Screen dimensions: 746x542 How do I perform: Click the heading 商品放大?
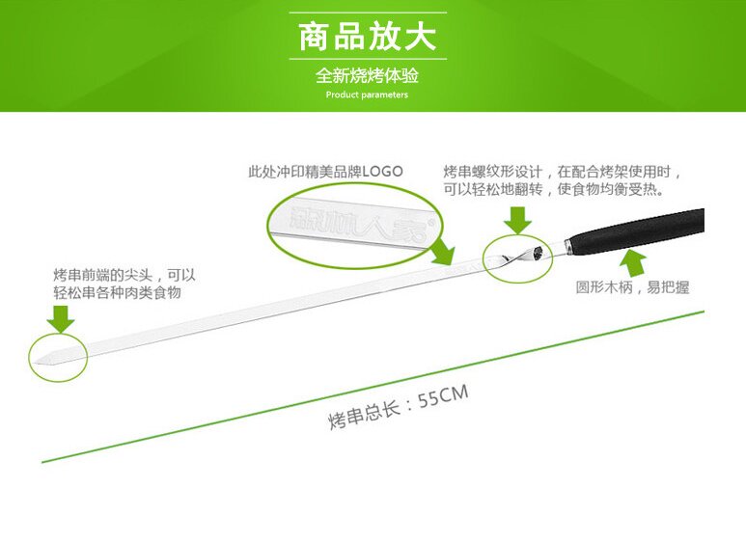(367, 37)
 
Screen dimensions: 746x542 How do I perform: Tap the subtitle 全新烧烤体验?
(367, 76)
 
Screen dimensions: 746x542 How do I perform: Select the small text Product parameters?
(367, 95)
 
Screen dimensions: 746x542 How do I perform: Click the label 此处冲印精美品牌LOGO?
(325, 171)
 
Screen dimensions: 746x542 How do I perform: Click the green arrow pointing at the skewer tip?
(63, 317)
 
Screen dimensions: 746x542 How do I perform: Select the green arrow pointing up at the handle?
(631, 260)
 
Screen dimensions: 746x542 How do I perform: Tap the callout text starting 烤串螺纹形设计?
(563, 180)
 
